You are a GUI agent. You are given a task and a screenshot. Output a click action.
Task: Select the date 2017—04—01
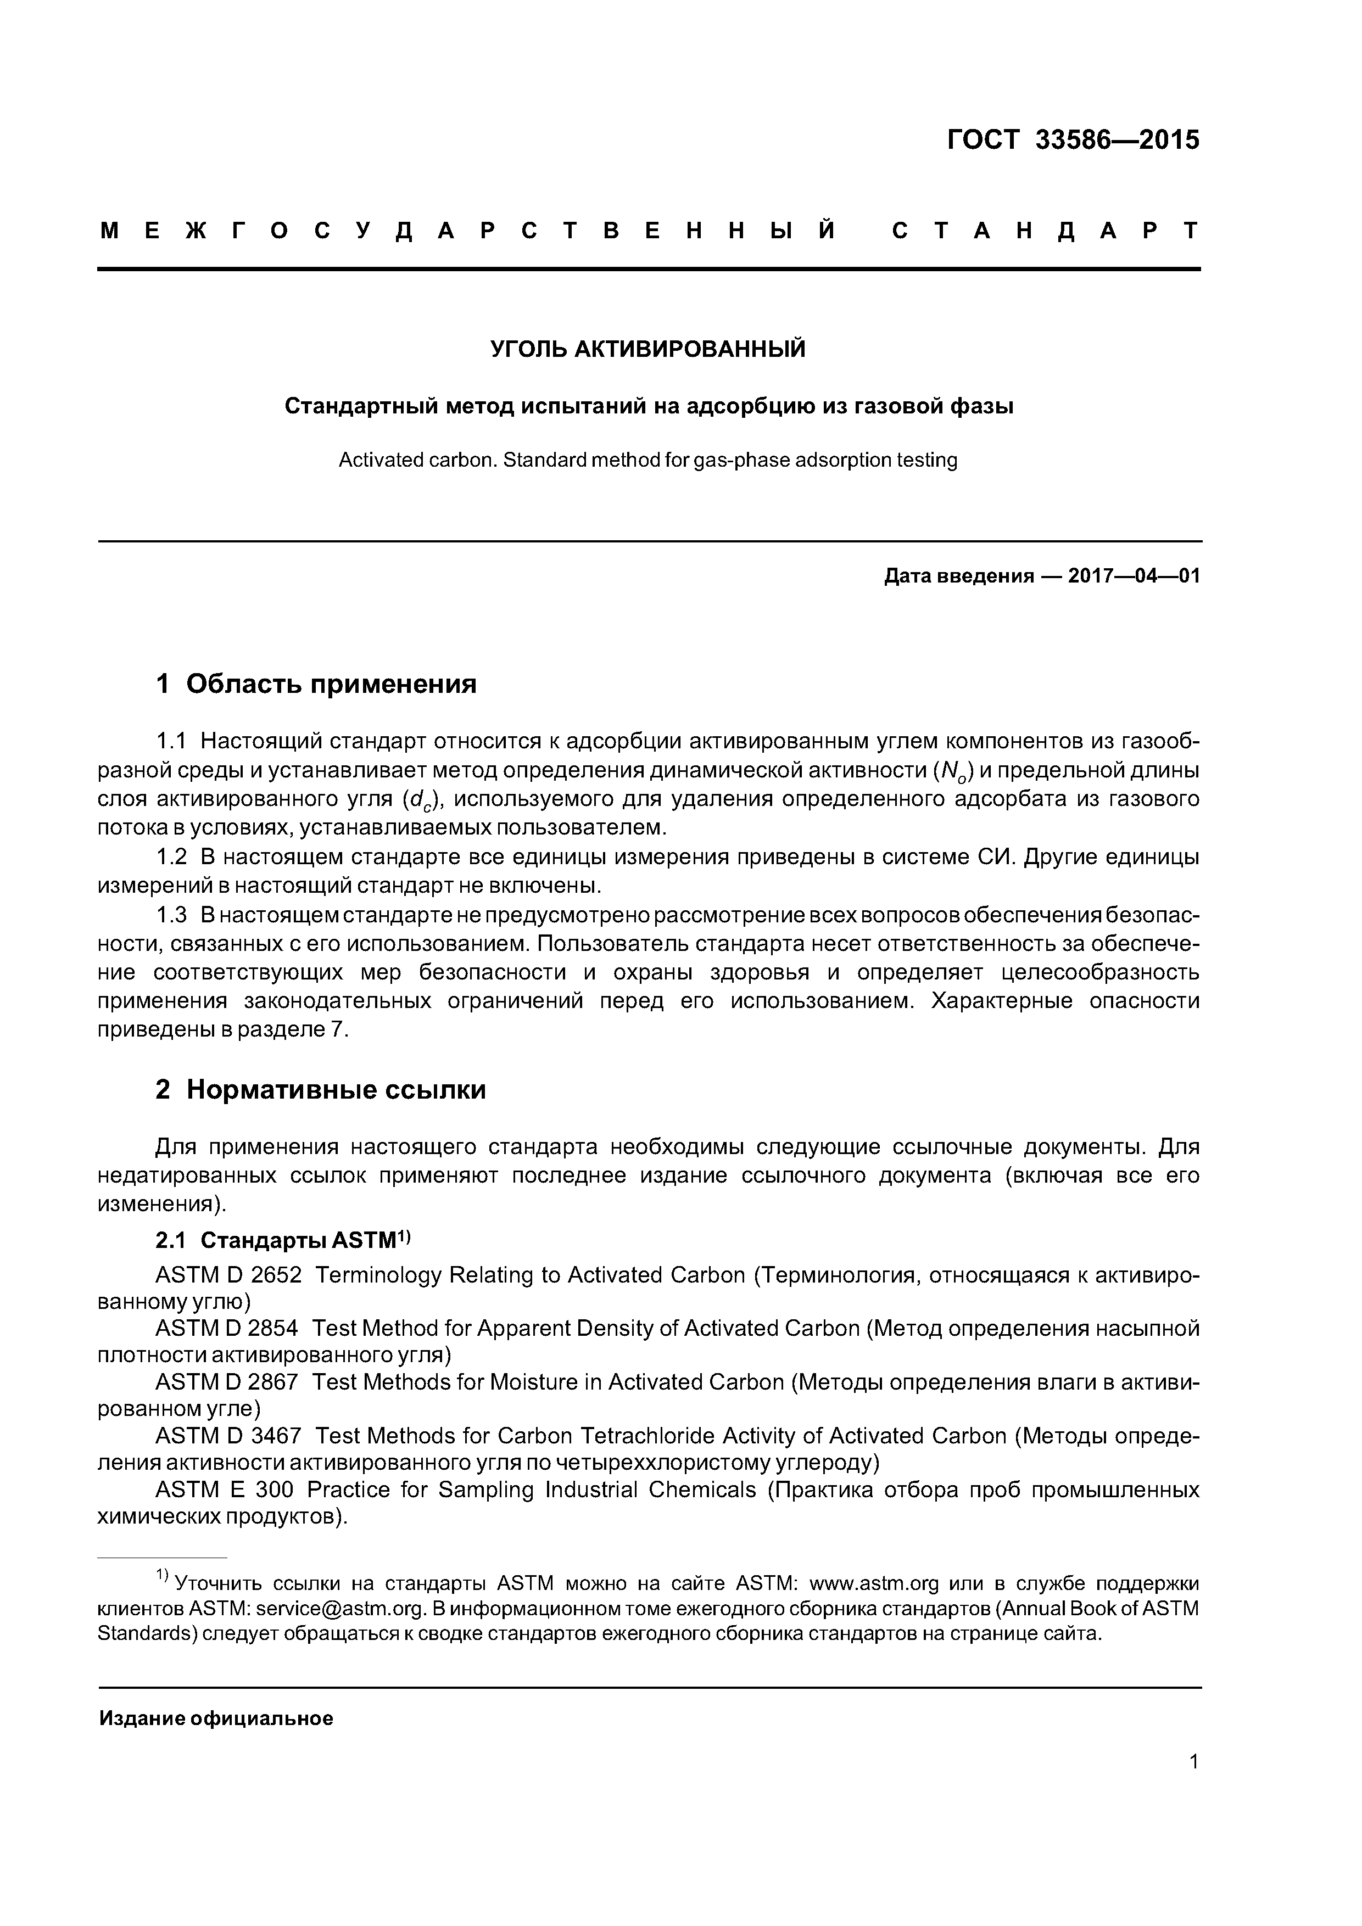click(x=1134, y=576)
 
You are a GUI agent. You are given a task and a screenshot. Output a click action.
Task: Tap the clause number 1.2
click(x=171, y=857)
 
